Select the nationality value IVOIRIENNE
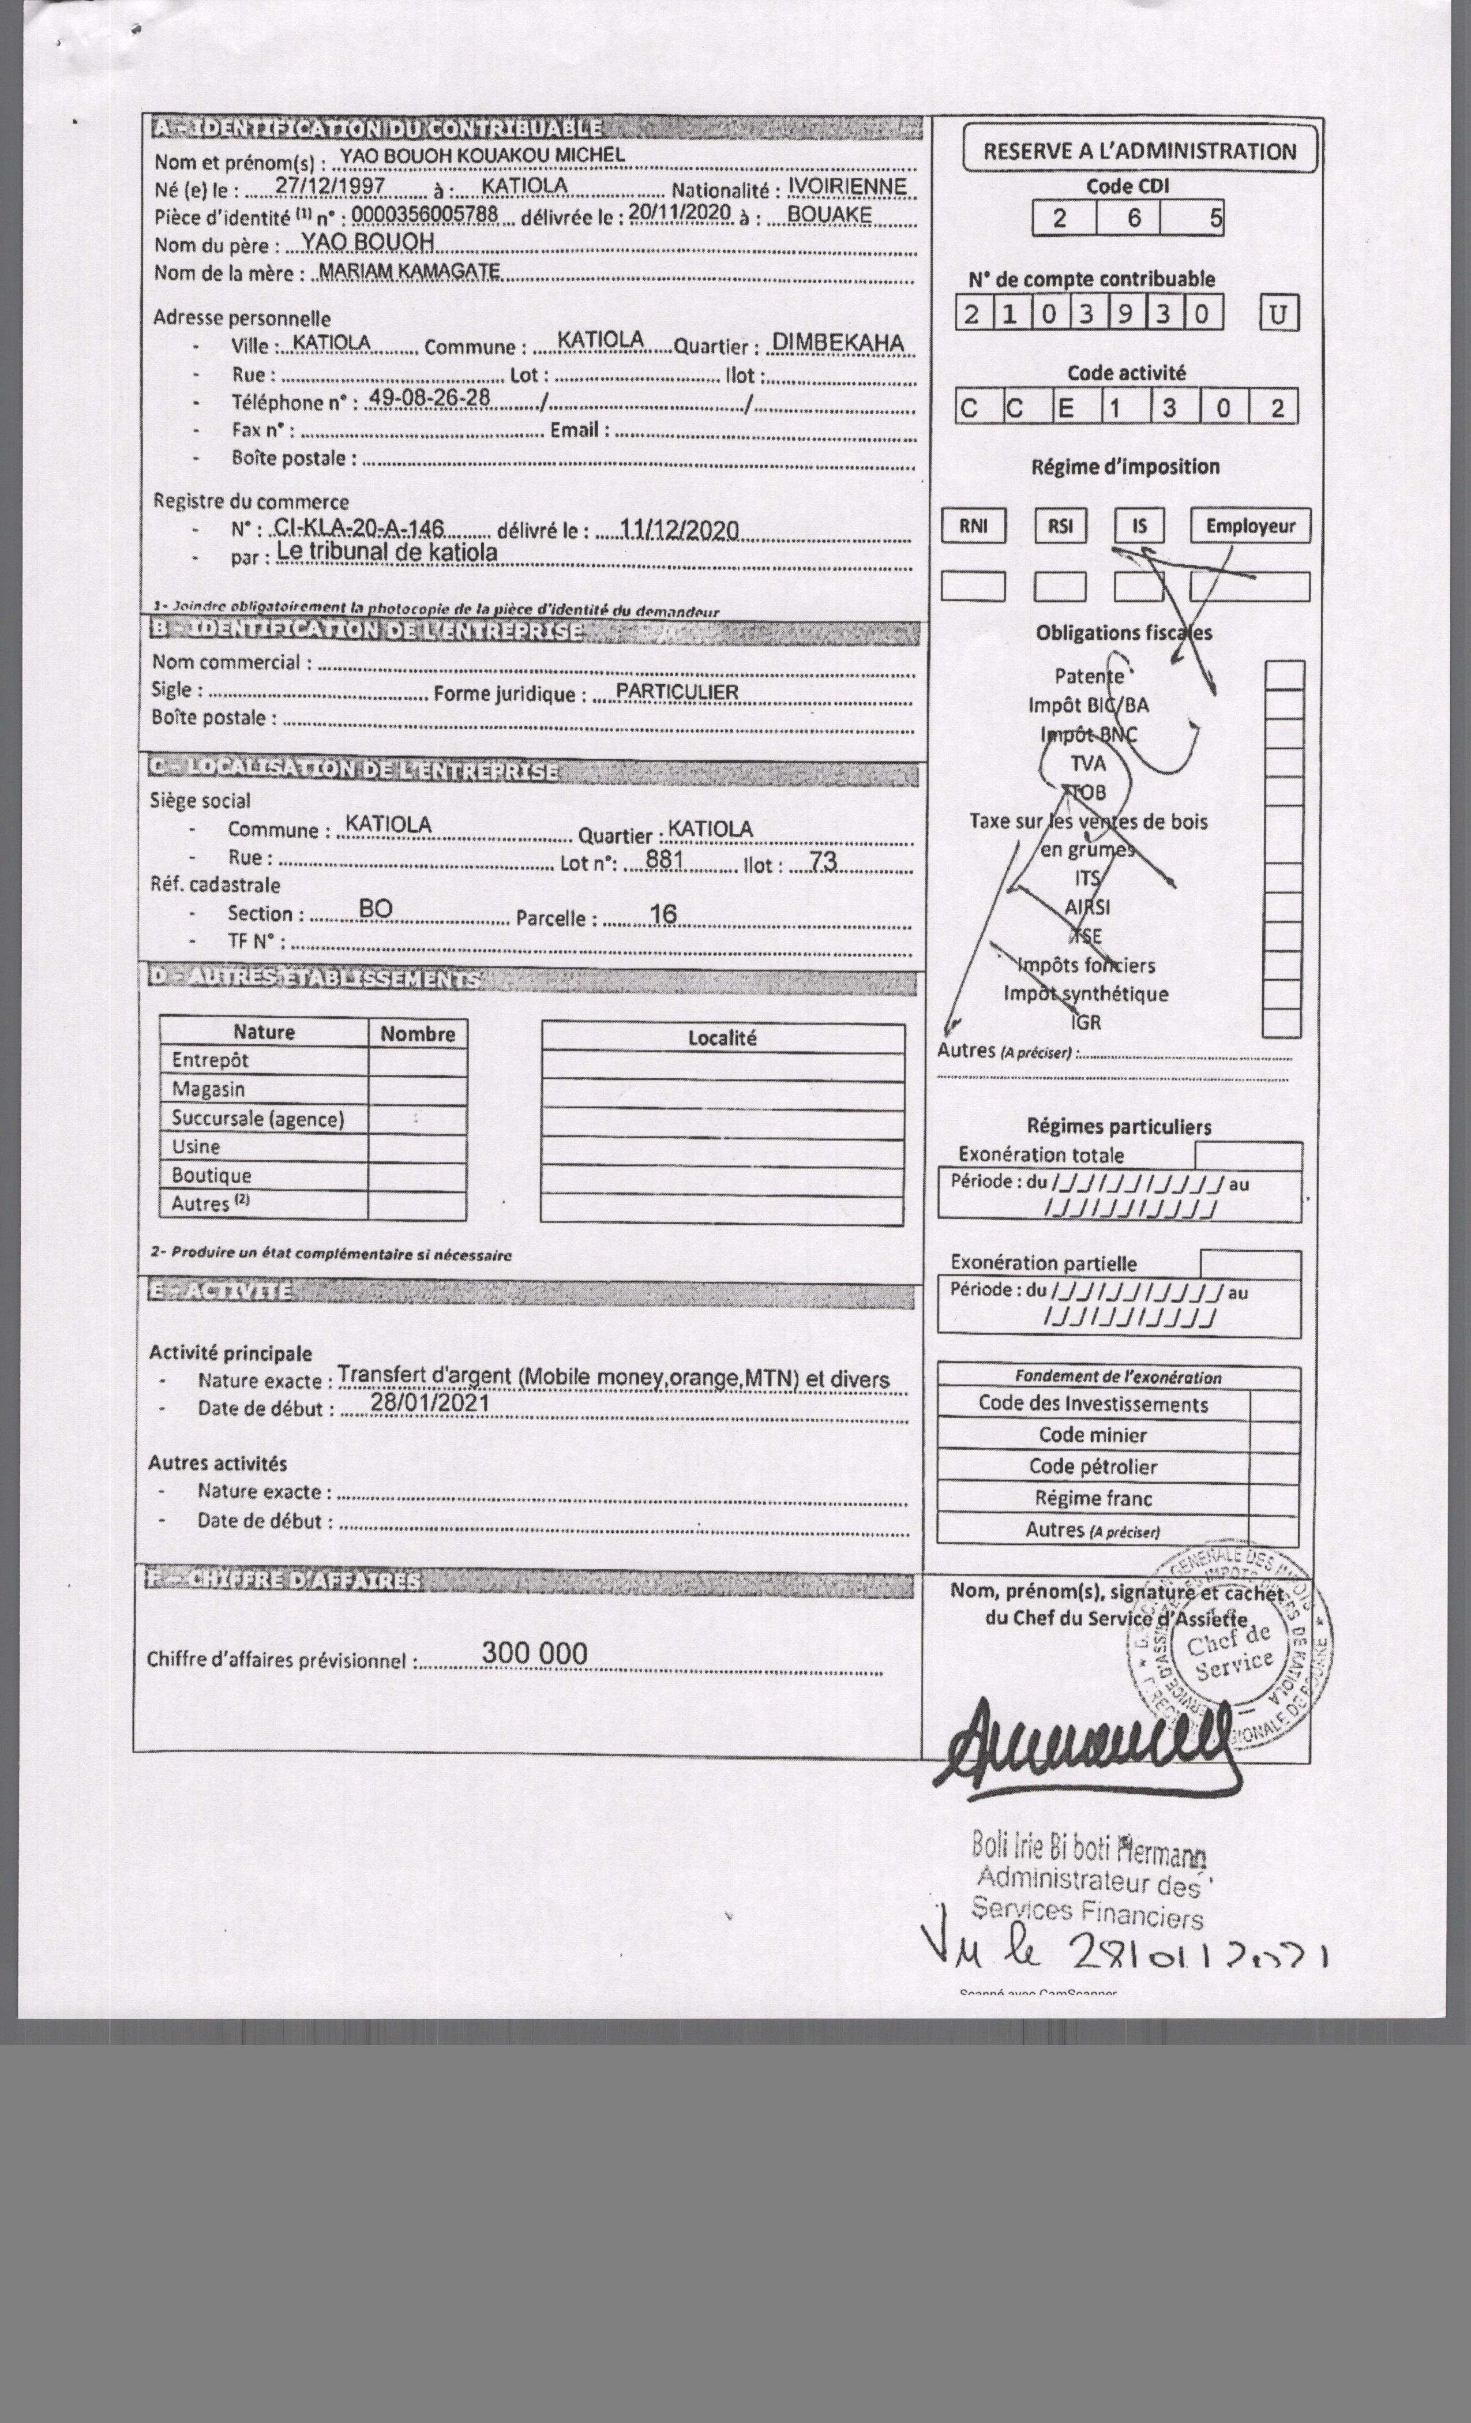coord(847,187)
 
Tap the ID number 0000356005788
coord(425,215)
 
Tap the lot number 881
coord(665,860)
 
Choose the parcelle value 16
coord(664,914)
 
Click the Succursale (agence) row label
coord(258,1118)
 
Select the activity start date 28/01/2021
coord(430,1402)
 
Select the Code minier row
coord(1093,1435)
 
